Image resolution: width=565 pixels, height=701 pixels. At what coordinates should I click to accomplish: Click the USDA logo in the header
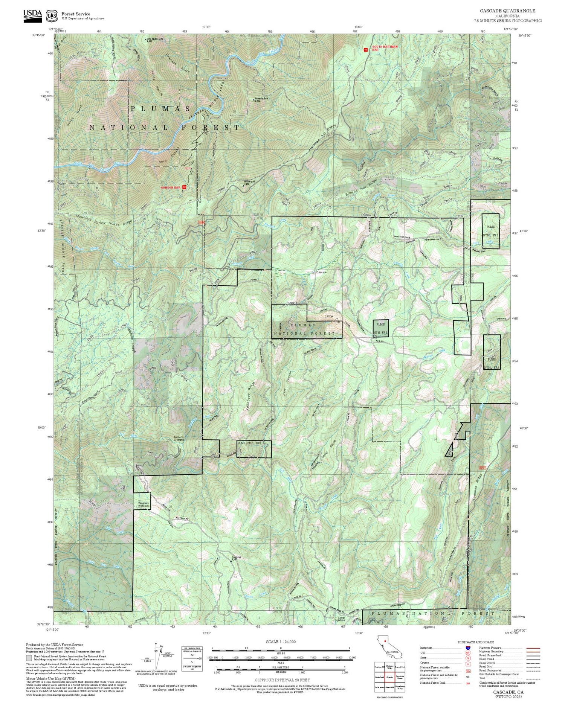(33, 14)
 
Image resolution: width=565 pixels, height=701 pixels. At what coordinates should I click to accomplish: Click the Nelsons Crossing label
(179, 438)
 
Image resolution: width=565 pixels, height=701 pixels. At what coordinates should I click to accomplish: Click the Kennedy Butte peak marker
(253, 100)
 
